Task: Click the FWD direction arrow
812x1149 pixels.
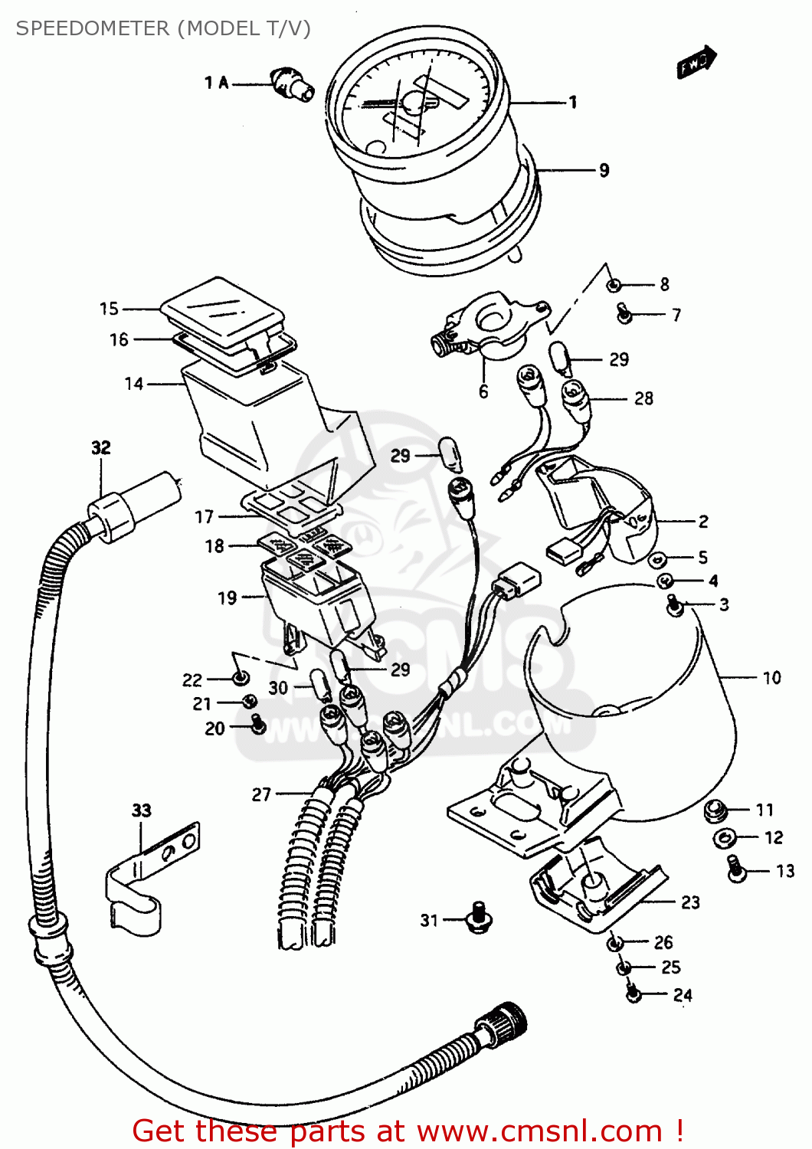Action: [x=696, y=63]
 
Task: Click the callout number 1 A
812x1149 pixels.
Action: [x=216, y=83]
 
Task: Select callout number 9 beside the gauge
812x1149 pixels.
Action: [x=604, y=170]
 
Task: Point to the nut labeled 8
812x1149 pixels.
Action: [x=614, y=285]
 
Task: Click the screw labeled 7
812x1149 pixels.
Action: [x=624, y=313]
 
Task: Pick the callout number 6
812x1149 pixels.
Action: [x=483, y=391]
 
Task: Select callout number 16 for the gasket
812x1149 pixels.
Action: [x=119, y=339]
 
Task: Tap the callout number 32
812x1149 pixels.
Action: [x=101, y=447]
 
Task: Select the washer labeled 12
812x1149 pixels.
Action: [x=722, y=838]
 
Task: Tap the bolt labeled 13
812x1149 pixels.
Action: [x=736, y=869]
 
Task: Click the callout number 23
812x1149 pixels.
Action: [x=690, y=902]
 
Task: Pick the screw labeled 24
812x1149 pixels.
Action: [x=634, y=994]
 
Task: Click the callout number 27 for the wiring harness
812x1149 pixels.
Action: [x=261, y=794]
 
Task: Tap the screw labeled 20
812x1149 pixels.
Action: [x=257, y=724]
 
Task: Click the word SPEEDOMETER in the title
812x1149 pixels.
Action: [x=93, y=28]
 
